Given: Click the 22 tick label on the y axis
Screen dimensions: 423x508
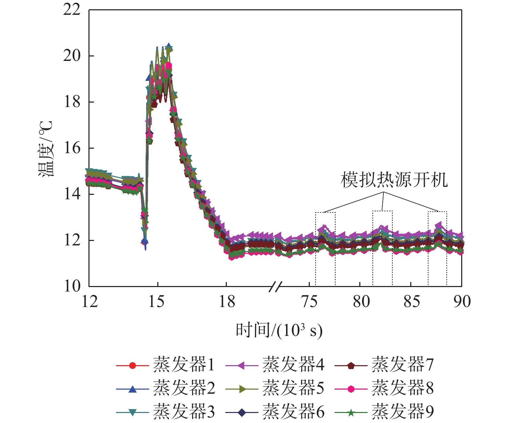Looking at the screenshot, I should [72, 10].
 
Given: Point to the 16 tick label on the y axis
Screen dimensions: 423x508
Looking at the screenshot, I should [72, 148].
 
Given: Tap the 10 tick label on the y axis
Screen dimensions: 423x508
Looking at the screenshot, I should [72, 286].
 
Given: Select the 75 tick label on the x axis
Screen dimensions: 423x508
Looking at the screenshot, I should [309, 302].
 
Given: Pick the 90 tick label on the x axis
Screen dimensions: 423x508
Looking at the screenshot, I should [462, 302].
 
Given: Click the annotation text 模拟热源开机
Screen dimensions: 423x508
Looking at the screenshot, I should [394, 180].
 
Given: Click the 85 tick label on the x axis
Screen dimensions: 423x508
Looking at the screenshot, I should [411, 302].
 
